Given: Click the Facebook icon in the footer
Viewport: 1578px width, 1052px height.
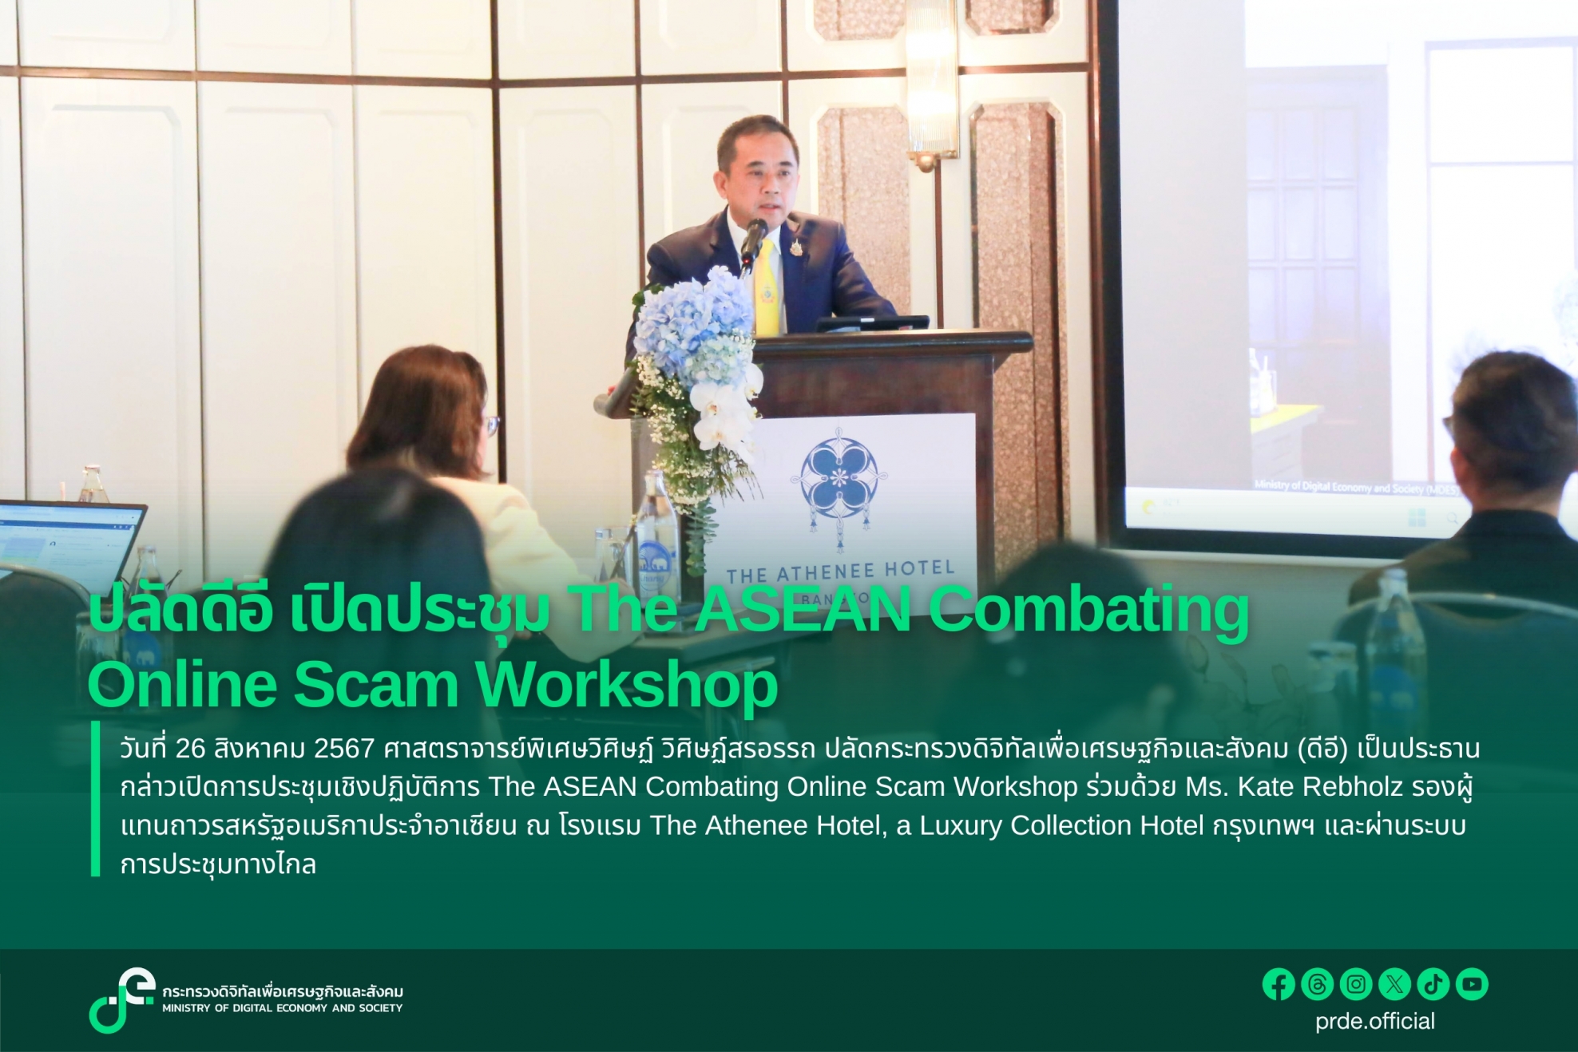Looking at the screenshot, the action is tap(1279, 984).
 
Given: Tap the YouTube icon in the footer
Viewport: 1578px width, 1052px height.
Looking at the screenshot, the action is tap(1472, 984).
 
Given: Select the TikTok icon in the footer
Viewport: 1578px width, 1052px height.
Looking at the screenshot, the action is tap(1433, 984).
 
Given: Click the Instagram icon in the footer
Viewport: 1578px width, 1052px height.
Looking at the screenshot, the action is tap(1356, 984).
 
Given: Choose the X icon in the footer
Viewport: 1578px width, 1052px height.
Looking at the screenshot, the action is tap(1394, 984).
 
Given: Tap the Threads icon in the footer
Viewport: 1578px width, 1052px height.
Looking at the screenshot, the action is tap(1318, 984).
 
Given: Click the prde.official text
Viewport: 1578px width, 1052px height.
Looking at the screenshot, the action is tap(1375, 1022).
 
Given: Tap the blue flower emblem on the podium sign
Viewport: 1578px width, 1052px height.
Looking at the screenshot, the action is tap(839, 475).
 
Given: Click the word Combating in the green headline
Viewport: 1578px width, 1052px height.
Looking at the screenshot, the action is tap(1088, 611).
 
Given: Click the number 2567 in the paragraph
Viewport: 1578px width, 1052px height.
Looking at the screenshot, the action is tap(344, 749).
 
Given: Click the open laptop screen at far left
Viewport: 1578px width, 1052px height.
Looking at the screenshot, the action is tap(68, 543).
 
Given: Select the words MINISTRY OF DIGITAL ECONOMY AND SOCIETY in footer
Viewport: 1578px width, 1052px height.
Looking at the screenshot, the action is tap(283, 1008).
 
